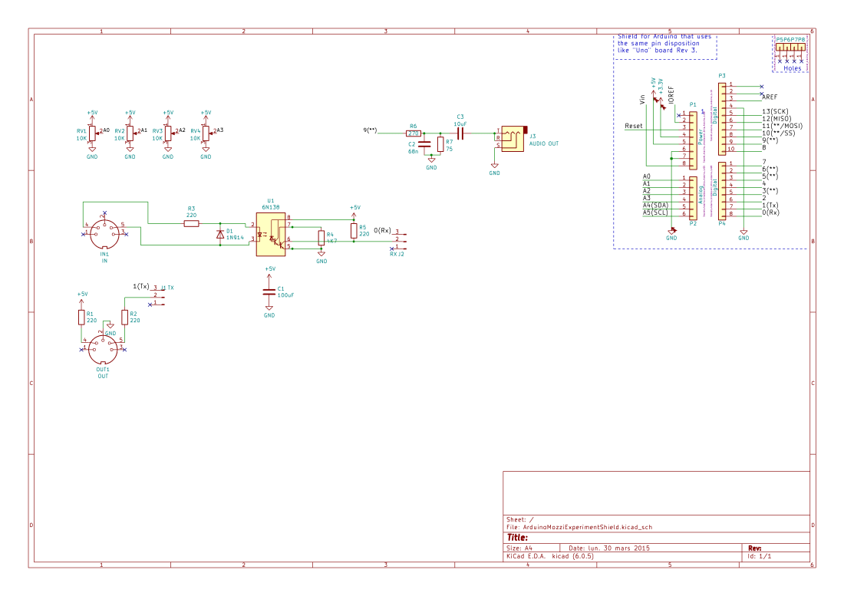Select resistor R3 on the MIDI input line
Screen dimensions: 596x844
[x=191, y=223]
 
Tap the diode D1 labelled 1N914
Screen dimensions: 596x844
[x=221, y=232]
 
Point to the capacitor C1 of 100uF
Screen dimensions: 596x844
[x=269, y=291]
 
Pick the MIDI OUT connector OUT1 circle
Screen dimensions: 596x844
[x=103, y=351]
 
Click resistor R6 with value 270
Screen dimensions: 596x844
[x=413, y=133]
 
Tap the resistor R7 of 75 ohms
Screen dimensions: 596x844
[x=440, y=144]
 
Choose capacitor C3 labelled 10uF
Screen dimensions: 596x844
[x=460, y=133]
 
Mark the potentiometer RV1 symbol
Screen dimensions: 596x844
[x=92, y=134]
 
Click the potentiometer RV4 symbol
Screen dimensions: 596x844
[x=206, y=134]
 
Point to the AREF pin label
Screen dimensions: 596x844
[x=770, y=98]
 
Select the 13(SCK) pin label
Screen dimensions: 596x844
[x=776, y=112]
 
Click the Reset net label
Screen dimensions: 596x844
[x=634, y=126]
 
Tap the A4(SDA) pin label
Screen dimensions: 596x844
[x=656, y=206]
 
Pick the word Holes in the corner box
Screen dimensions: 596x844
[x=793, y=68]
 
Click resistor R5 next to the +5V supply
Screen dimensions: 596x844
[x=354, y=232]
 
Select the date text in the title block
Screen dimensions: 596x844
[x=610, y=548]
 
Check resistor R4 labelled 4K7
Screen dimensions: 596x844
[x=321, y=239]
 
